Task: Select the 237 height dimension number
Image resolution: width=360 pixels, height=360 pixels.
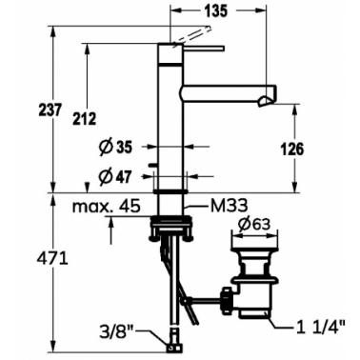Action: (x=50, y=110)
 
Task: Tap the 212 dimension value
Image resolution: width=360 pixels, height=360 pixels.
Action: (x=84, y=119)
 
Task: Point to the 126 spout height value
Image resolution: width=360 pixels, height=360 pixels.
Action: (x=292, y=149)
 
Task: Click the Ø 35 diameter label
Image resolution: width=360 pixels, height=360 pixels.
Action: (x=115, y=148)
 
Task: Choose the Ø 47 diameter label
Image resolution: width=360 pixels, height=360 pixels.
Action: (x=114, y=176)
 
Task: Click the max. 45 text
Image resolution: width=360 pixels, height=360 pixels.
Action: (x=107, y=206)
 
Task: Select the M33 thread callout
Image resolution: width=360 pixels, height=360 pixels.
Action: (x=229, y=206)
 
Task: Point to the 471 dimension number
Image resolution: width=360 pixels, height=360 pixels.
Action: (x=52, y=260)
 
